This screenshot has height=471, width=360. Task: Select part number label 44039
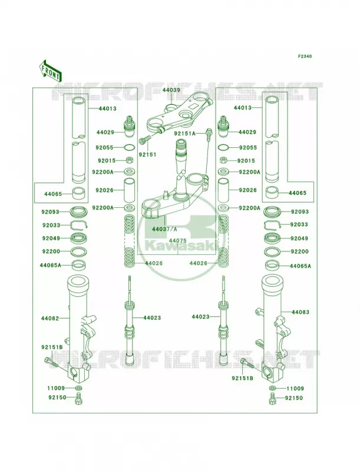(x=171, y=90)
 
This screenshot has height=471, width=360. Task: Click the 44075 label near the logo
(x=177, y=241)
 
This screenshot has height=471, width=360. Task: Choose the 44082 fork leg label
(x=50, y=318)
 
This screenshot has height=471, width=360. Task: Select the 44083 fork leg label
(x=300, y=312)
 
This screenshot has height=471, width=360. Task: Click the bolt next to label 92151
(x=144, y=140)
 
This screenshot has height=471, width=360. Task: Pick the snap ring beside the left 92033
(x=79, y=225)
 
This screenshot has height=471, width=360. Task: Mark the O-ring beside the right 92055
(x=223, y=148)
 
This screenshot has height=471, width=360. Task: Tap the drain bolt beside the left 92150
(x=79, y=399)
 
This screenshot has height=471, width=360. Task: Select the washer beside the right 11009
(x=272, y=388)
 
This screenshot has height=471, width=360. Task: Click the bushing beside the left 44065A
(x=79, y=265)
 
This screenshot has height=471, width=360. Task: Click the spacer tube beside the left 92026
(x=130, y=190)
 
